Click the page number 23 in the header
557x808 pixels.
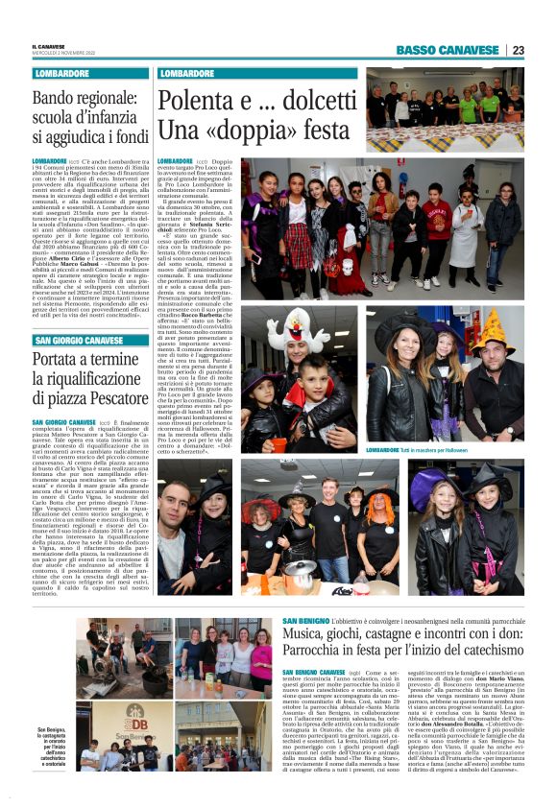518,50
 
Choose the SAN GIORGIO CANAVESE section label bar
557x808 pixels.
79,340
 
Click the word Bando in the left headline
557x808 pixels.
57,98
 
